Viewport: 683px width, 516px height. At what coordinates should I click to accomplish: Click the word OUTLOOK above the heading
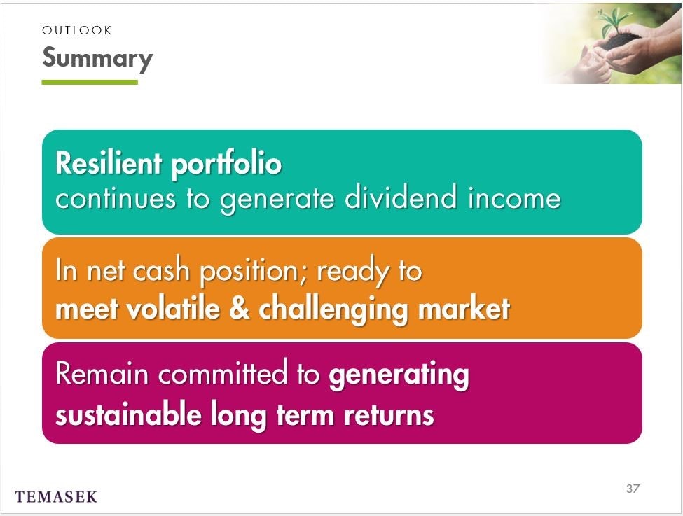[x=76, y=30]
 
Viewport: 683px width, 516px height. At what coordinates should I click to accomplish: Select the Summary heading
[x=97, y=58]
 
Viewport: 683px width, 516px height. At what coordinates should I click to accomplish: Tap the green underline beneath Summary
[x=90, y=82]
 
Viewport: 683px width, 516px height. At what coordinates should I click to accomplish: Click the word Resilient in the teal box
[x=109, y=163]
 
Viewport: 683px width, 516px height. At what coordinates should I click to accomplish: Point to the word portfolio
[x=226, y=165]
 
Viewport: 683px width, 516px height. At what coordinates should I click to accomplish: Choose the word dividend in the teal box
[x=401, y=197]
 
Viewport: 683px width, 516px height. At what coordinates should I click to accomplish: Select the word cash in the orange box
[x=160, y=270]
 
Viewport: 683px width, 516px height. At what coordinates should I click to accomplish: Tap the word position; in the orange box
[x=254, y=272]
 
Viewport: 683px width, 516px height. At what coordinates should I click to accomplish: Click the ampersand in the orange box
[x=239, y=308]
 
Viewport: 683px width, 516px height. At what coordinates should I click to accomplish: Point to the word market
[x=464, y=308]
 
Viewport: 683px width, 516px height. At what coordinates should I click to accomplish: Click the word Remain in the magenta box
[x=102, y=374]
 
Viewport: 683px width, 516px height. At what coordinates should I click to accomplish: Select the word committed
[x=223, y=373]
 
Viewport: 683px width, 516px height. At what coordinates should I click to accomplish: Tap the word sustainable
[x=128, y=414]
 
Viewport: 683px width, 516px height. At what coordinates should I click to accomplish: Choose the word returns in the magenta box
[x=389, y=415]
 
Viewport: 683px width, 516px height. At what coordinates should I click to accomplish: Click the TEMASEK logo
[x=56, y=497]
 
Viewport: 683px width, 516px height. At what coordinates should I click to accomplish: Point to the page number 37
[x=633, y=489]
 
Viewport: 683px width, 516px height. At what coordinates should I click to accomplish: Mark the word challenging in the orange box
[x=333, y=309]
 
